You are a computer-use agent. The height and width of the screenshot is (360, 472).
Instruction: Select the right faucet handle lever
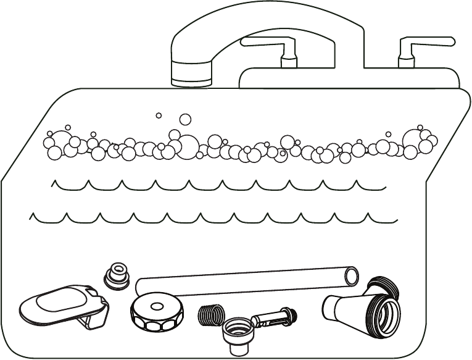(426, 43)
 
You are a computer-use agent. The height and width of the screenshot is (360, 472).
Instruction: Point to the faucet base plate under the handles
(349, 77)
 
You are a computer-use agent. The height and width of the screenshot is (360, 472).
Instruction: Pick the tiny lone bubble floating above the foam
(159, 115)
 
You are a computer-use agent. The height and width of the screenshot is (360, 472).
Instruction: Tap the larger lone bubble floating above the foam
(184, 119)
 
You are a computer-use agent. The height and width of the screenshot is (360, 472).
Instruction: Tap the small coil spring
(210, 314)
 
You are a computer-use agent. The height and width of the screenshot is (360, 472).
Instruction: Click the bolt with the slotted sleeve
(275, 319)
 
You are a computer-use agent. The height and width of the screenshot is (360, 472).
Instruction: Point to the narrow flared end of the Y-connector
(330, 305)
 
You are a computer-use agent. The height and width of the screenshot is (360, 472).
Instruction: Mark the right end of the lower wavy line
(395, 219)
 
